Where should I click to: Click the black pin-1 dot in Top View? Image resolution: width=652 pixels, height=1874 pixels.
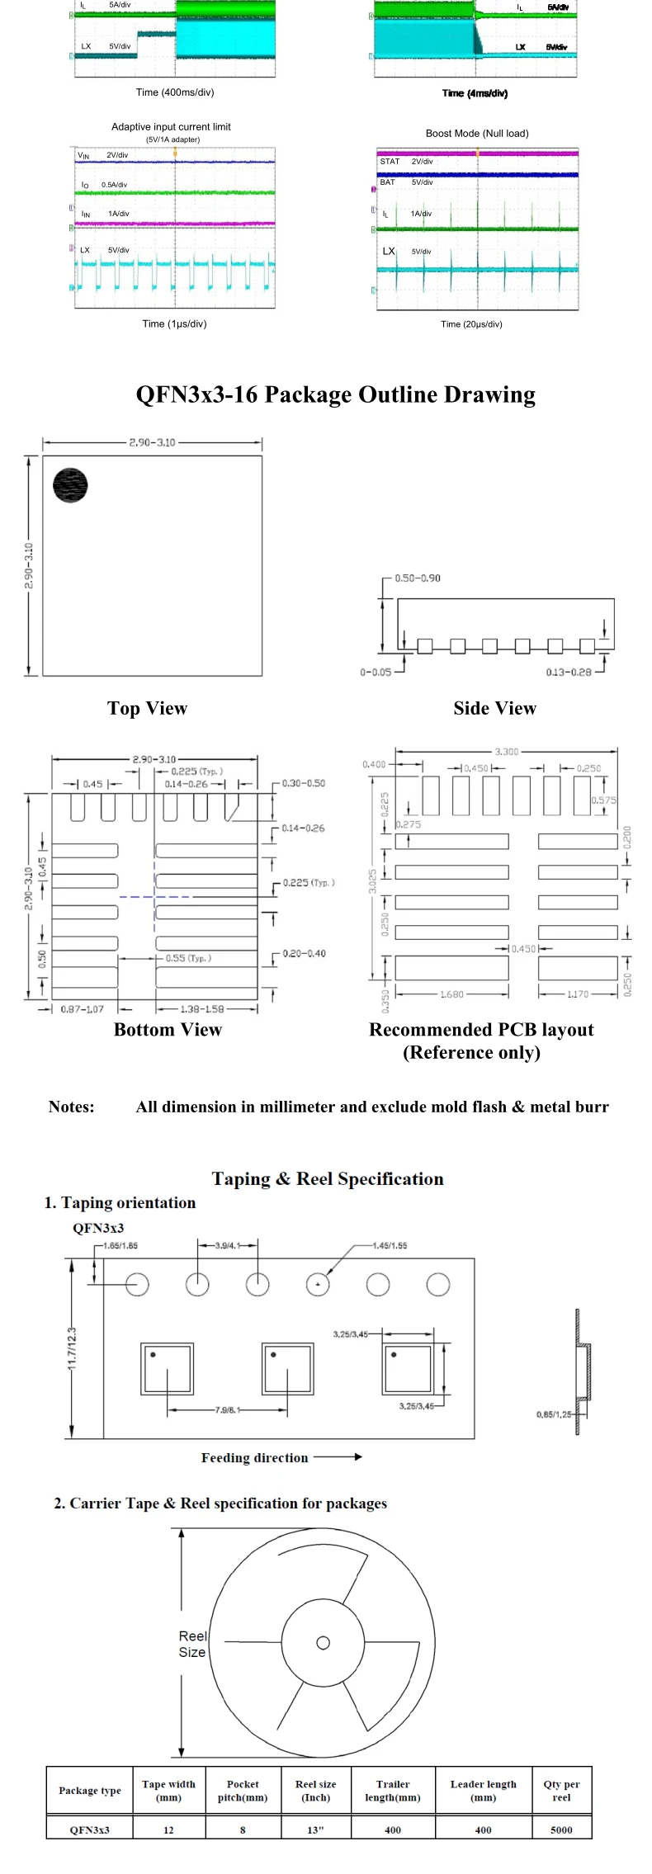[x=70, y=485]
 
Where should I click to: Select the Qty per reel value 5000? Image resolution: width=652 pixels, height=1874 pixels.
[x=561, y=1829]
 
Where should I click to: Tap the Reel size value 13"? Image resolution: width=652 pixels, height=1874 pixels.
[x=315, y=1829]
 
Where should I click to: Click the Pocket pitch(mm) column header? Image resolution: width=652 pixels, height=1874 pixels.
[x=243, y=1790]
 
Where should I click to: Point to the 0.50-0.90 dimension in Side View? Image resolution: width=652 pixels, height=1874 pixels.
[x=418, y=578]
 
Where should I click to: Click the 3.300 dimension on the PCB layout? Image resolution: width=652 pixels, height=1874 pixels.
[x=507, y=752]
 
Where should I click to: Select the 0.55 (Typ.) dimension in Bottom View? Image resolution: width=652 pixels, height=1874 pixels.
[x=188, y=958]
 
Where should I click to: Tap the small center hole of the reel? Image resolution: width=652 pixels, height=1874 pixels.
[x=324, y=1641]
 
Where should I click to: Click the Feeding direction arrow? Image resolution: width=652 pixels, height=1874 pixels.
[x=338, y=1457]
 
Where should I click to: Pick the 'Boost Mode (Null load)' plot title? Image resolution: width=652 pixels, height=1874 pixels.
[x=477, y=134]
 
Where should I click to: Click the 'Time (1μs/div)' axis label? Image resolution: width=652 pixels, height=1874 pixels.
[x=174, y=324]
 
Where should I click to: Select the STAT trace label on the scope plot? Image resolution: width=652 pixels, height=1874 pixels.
[x=390, y=162]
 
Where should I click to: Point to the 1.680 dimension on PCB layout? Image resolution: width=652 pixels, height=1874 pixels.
[x=451, y=994]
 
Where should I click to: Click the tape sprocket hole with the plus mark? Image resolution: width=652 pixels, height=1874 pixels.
[x=318, y=1285]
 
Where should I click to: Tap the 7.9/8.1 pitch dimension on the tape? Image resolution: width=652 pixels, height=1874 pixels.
[x=227, y=1409]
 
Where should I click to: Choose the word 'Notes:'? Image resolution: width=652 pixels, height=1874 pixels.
[x=72, y=1107]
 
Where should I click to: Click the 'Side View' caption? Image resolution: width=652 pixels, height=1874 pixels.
[x=494, y=709]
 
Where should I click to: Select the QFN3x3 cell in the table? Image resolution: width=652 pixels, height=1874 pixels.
[x=89, y=1829]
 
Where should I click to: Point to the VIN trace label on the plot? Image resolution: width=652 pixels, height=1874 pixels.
[x=83, y=155]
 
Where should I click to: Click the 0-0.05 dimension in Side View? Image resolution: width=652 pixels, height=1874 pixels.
[x=376, y=673]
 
